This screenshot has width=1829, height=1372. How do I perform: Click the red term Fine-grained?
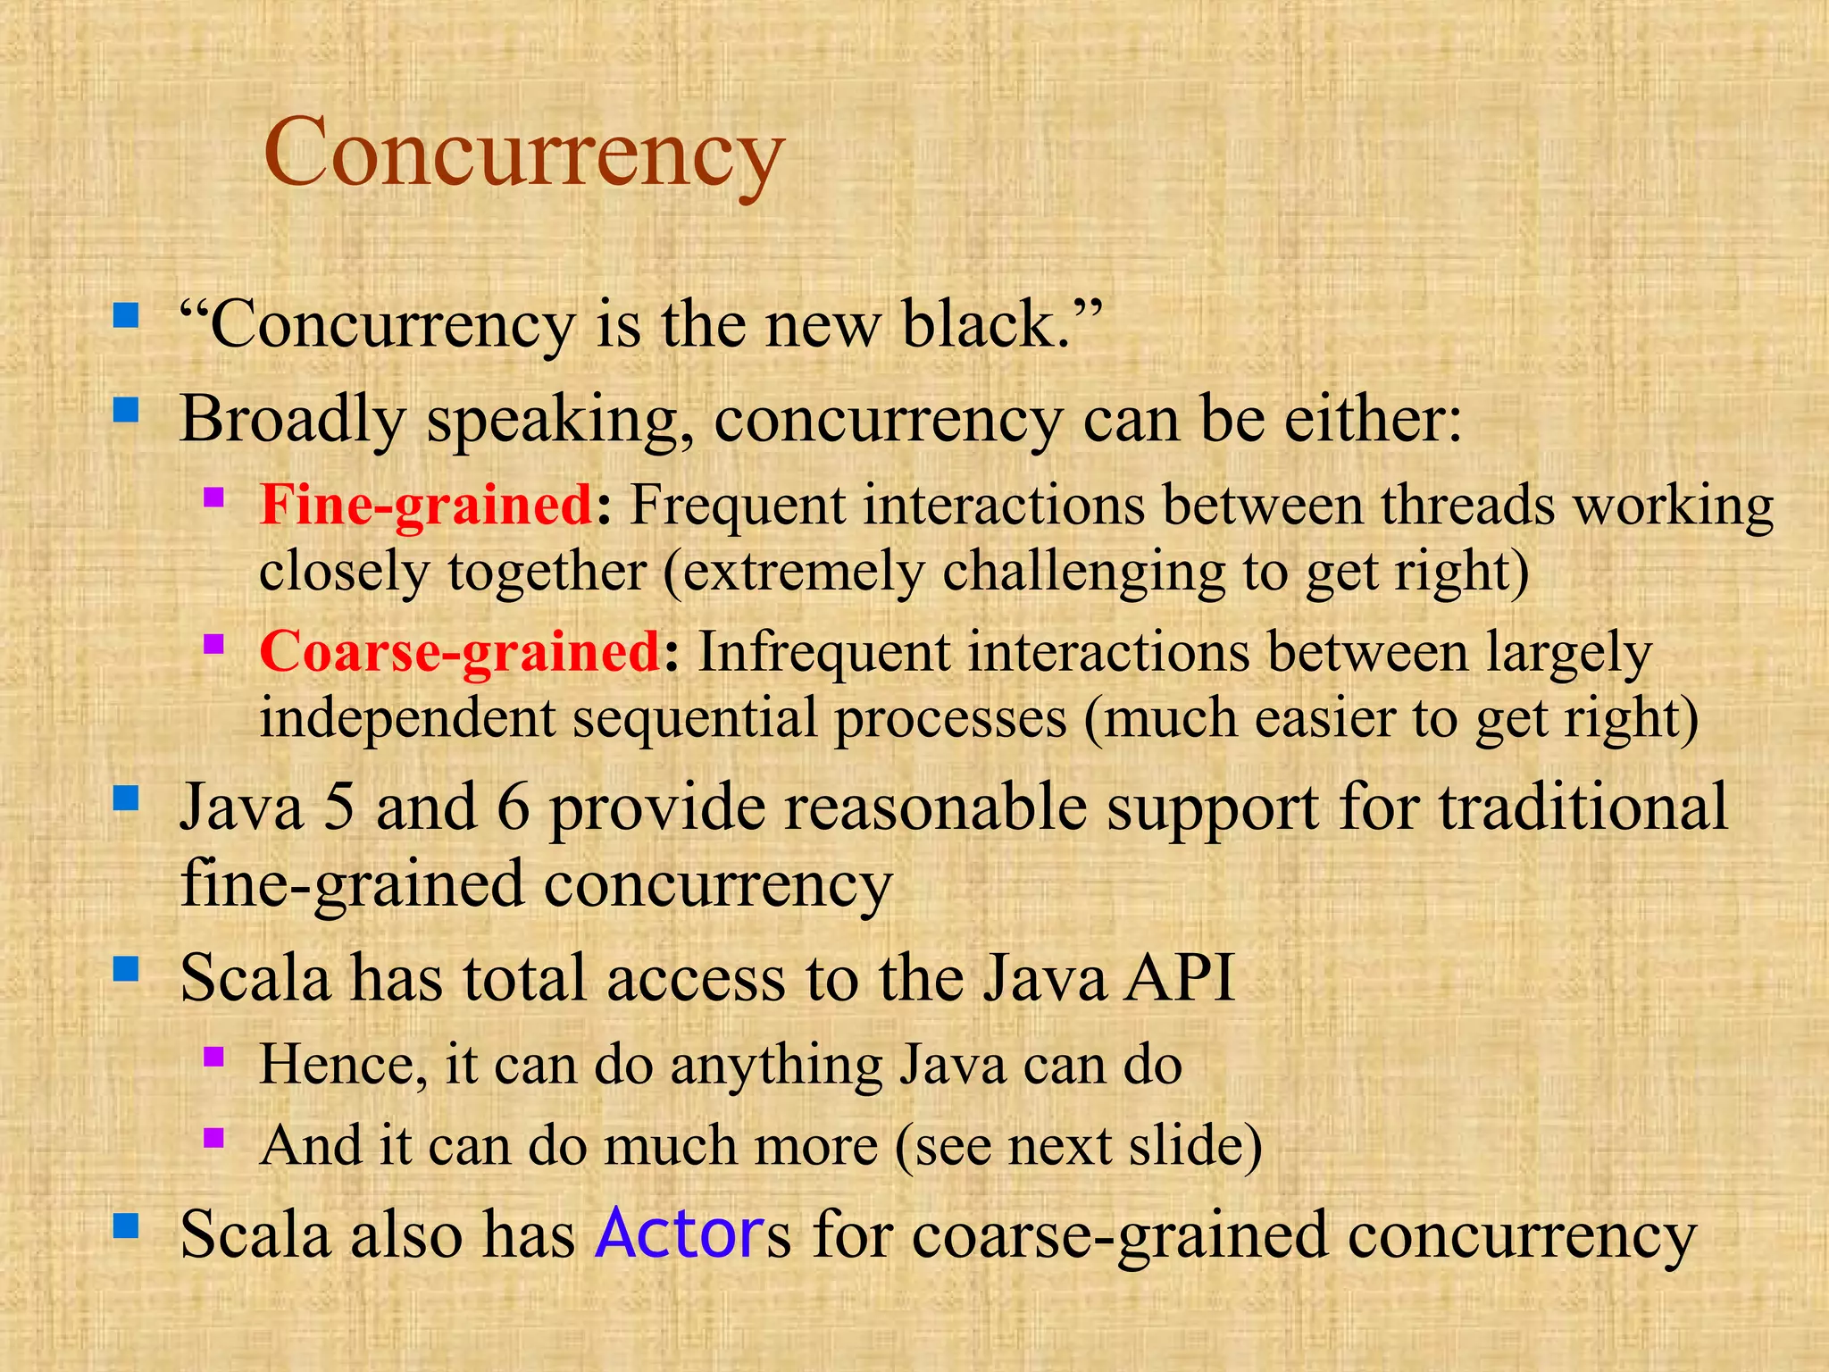point(426,506)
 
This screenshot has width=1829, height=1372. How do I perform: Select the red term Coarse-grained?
point(459,652)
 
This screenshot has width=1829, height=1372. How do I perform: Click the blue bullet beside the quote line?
point(126,315)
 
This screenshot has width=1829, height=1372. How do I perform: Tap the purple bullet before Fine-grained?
point(213,497)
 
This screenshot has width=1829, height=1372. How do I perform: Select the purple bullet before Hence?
point(213,1058)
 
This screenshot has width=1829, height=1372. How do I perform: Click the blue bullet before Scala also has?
point(126,1226)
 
